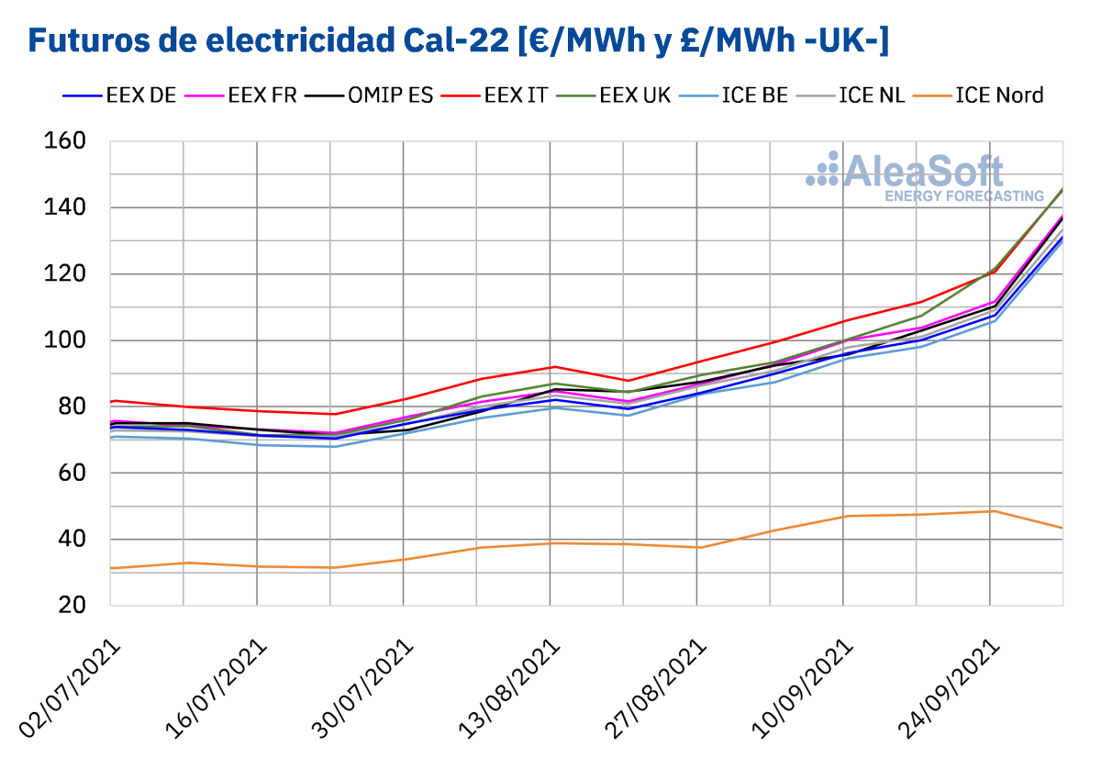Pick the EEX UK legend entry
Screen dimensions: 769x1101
[612, 95]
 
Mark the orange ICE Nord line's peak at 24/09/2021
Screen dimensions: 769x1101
[991, 511]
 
